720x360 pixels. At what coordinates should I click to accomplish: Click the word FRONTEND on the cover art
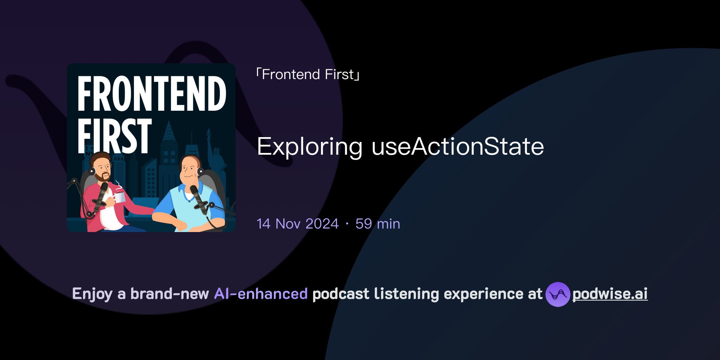pos(152,94)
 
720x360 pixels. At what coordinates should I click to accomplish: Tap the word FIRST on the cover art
pos(115,136)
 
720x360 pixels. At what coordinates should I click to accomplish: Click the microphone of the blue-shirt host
pos(199,199)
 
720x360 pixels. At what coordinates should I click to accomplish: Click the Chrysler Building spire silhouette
pos(169,132)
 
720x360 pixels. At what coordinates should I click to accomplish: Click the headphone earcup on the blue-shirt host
pos(200,172)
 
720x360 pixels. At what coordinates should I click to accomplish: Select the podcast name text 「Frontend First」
pos(308,75)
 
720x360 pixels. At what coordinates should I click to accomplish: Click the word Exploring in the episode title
pos(309,147)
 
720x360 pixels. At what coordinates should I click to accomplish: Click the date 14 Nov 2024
pos(298,224)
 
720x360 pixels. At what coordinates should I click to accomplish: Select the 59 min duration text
pos(378,224)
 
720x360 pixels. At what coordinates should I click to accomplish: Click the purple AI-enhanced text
pos(261,294)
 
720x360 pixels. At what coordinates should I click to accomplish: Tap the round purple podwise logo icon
pos(558,294)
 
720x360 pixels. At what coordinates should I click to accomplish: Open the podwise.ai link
pos(610,294)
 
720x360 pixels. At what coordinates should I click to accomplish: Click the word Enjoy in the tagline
pos(92,294)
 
